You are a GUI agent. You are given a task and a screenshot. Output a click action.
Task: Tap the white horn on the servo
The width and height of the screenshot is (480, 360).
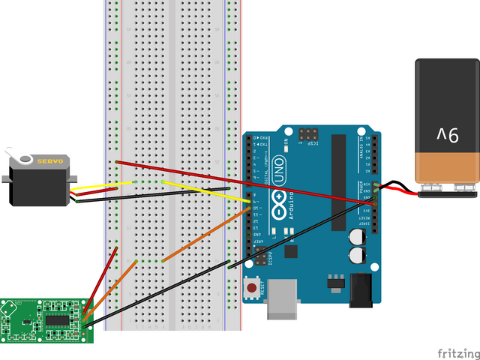tap(28, 159)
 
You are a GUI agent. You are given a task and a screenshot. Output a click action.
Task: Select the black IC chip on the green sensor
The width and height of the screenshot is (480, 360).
tap(58, 320)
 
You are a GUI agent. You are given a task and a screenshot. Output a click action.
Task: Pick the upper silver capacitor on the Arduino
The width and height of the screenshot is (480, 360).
tap(357, 235)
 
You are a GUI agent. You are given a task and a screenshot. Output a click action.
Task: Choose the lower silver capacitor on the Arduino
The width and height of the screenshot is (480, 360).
tap(357, 256)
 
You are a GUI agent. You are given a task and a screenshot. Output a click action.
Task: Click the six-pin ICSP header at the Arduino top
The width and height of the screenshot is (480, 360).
tap(307, 136)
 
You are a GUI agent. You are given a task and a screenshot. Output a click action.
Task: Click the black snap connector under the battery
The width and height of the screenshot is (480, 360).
tap(447, 193)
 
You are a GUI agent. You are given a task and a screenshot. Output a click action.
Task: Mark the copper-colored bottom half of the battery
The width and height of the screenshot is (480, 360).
tap(447, 166)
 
